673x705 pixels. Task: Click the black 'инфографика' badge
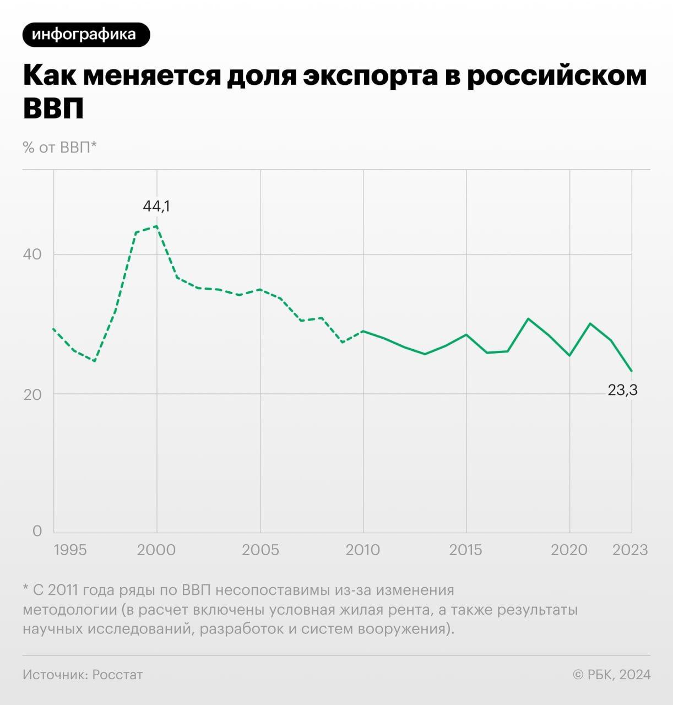86,35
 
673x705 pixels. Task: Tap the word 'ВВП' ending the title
53,107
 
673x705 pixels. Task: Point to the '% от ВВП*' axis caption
59,147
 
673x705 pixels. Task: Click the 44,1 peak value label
156,206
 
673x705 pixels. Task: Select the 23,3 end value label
622,390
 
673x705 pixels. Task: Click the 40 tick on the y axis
32,254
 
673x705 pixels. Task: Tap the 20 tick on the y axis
32,394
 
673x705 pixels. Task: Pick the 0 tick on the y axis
37,531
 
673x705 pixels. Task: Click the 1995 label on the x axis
70,550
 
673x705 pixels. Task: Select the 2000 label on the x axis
156,550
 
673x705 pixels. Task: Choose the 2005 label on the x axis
260,550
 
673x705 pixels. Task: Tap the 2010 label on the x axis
363,550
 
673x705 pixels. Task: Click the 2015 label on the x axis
466,550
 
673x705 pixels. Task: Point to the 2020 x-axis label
569,550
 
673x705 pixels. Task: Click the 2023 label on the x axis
630,550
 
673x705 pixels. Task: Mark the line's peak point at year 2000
157,226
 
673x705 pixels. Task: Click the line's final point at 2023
632,371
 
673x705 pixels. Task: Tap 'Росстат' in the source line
117,675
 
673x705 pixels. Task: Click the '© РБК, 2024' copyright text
611,675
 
